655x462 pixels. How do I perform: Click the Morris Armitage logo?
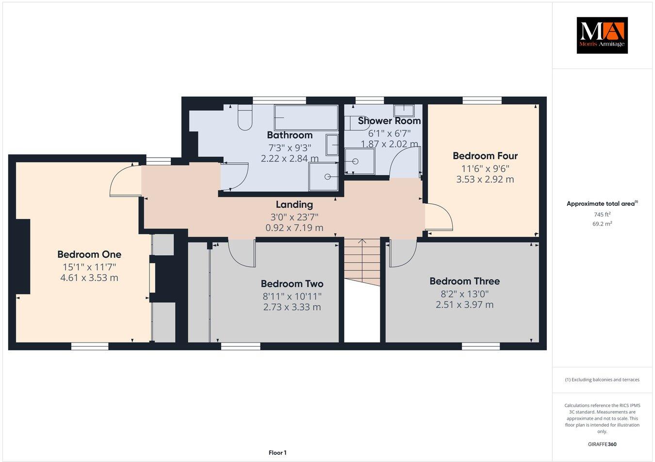[602, 35]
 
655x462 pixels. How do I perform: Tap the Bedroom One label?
[89, 254]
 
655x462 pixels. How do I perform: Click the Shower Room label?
[389, 121]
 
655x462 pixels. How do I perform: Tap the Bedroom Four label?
[485, 156]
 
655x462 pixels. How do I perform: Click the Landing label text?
[295, 204]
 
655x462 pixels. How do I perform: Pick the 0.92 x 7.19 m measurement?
[295, 228]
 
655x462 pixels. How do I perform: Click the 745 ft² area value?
[602, 214]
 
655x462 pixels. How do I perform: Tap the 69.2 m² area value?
[602, 224]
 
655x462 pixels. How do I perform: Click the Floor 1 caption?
[278, 453]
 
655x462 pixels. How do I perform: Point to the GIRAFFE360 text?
[602, 444]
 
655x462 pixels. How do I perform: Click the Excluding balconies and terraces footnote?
[602, 379]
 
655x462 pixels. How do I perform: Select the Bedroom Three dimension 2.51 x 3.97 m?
[464, 305]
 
